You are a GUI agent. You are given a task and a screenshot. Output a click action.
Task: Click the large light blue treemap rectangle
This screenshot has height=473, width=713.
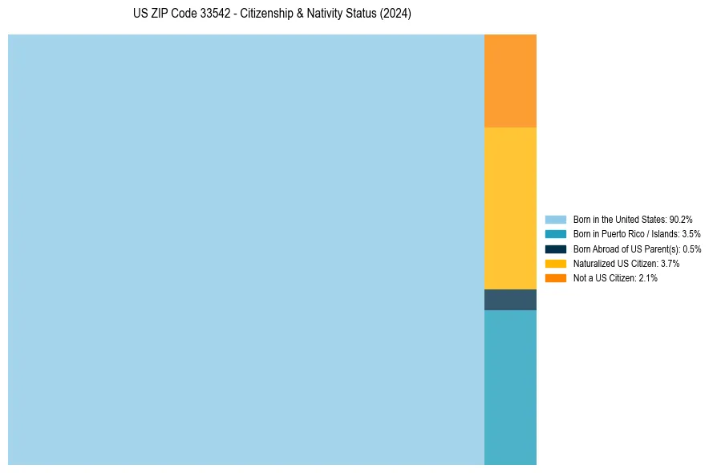click(x=245, y=249)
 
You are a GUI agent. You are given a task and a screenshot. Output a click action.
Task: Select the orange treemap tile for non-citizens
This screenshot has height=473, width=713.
click(x=510, y=80)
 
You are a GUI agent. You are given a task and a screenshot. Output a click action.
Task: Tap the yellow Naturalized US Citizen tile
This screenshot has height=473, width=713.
click(x=510, y=208)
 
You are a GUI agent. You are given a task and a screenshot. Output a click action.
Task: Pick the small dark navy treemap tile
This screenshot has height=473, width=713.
click(x=510, y=299)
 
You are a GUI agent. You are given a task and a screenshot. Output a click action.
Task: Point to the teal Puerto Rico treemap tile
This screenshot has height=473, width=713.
click(x=510, y=387)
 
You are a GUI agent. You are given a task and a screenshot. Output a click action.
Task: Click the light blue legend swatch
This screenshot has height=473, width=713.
click(x=555, y=219)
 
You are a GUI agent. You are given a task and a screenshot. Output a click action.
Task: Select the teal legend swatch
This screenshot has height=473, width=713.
click(x=555, y=234)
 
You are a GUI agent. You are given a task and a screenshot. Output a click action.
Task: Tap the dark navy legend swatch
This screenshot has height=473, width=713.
click(x=555, y=249)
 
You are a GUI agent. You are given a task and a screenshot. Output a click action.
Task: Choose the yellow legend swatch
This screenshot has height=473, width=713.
click(x=555, y=263)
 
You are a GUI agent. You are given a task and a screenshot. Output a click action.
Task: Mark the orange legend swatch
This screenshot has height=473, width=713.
click(x=555, y=278)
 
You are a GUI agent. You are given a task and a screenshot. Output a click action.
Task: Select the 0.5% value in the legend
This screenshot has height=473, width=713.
click(x=691, y=249)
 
